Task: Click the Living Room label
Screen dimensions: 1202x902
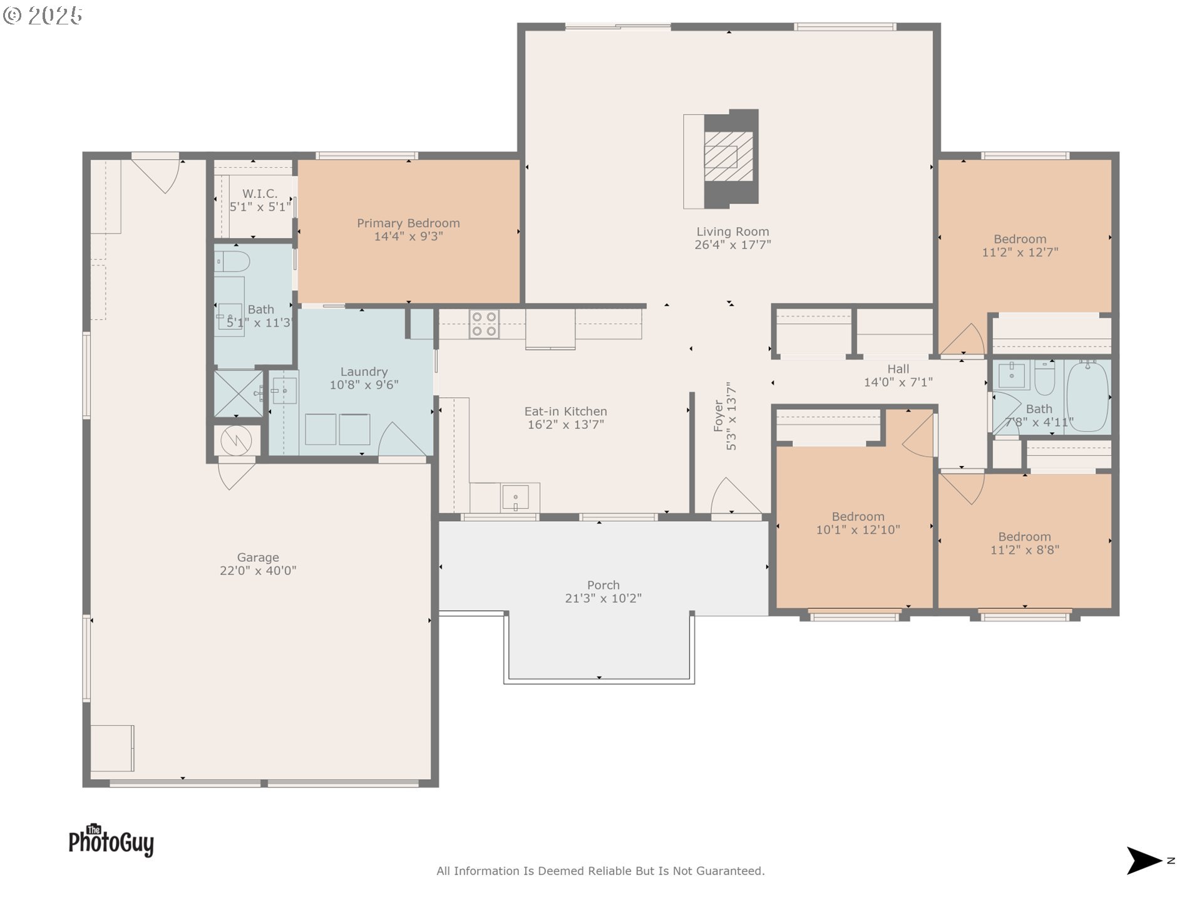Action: coord(732,232)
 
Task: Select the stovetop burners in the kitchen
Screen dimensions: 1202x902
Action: coord(484,324)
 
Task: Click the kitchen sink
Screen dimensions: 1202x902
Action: coord(515,498)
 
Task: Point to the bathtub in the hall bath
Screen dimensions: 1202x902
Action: coord(1087,396)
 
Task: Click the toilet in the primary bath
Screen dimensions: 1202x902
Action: coord(232,261)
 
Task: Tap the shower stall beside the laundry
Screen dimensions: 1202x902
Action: coord(239,393)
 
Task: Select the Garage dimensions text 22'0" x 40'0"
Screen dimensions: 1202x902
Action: coord(258,571)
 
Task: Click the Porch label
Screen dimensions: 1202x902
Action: coord(604,585)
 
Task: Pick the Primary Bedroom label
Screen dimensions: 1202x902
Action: coord(408,223)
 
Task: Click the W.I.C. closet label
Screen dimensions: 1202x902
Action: coord(260,194)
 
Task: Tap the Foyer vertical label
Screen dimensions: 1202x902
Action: coord(719,415)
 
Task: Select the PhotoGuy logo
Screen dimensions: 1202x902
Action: coord(111,840)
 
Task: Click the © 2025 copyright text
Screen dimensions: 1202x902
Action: coord(43,16)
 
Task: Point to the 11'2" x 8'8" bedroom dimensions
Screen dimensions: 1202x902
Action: coord(1025,550)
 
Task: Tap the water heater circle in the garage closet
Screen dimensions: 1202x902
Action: coord(236,440)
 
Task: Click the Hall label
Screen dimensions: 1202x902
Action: coord(898,369)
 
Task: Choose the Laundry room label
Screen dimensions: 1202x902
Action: coord(364,371)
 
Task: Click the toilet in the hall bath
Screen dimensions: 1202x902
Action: coord(1044,377)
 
